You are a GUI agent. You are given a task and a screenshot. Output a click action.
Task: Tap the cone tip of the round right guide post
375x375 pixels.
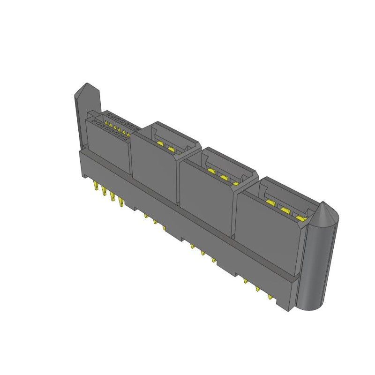[x=325, y=205]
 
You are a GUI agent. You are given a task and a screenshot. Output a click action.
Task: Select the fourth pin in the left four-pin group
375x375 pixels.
[x=122, y=202]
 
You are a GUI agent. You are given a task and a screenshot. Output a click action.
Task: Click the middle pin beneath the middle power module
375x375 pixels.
[x=202, y=253]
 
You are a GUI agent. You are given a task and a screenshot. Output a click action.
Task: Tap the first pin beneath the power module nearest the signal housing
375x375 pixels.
[x=146, y=216]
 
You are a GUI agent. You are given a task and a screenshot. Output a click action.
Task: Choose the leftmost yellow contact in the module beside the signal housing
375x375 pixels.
[x=161, y=143]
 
